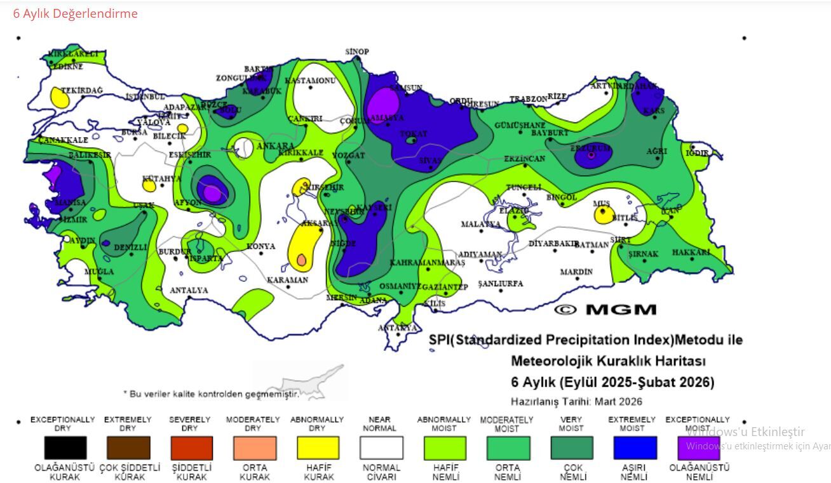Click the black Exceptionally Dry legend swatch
coord(65,447)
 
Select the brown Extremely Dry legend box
coord(129,447)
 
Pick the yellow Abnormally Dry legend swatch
coord(318,447)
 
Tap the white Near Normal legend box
coord(381,447)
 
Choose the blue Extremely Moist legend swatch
coord(635,447)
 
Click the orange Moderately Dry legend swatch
coord(255,447)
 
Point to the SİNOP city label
coord(357,51)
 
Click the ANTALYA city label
coord(189,291)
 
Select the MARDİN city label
coord(576,272)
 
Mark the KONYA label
coord(260,246)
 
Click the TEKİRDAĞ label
coord(82,91)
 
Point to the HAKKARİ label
coord(691,253)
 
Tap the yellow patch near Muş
coord(603,215)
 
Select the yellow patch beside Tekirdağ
coord(60,98)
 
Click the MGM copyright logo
coord(605,310)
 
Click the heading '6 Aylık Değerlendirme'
coord(75,13)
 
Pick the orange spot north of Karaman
coord(301,260)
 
